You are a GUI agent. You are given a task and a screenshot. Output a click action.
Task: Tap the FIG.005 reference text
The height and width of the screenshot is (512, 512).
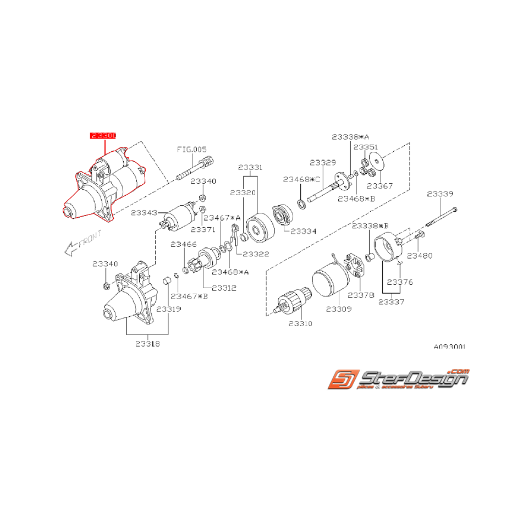tap(191, 148)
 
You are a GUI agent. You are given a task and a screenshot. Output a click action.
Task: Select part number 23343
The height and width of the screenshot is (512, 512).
tap(144, 212)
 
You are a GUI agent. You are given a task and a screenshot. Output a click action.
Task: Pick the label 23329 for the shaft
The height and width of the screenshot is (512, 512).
tap(323, 163)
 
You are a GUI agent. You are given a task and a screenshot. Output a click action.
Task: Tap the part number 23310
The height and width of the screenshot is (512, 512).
tap(300, 323)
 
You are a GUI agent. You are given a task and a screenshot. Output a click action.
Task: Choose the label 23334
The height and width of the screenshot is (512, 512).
tap(304, 232)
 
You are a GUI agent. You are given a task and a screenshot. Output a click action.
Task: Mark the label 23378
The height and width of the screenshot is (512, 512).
tap(361, 295)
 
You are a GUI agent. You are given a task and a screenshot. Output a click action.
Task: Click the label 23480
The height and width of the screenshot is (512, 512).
tap(420, 255)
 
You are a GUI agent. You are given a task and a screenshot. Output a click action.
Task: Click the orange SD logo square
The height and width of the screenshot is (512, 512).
tap(342, 381)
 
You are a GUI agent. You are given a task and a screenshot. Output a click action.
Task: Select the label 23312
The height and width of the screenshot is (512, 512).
tap(224, 288)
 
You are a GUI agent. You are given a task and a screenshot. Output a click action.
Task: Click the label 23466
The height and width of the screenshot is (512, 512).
tap(183, 244)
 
